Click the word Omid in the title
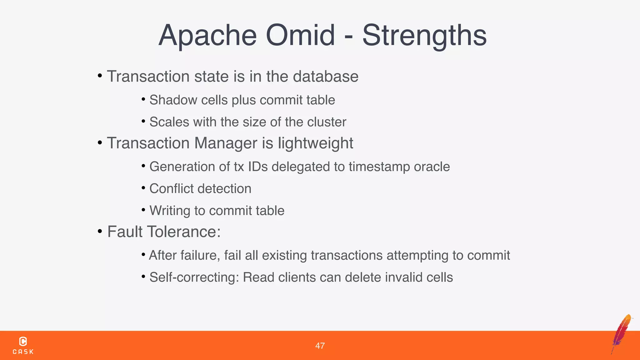point(300,35)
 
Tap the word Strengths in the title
point(424,36)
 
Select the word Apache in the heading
point(207,36)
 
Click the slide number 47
point(320,346)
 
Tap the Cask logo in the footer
point(23,345)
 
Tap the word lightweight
point(315,143)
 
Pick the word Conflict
point(171,189)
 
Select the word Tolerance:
point(184,232)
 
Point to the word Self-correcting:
point(194,277)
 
